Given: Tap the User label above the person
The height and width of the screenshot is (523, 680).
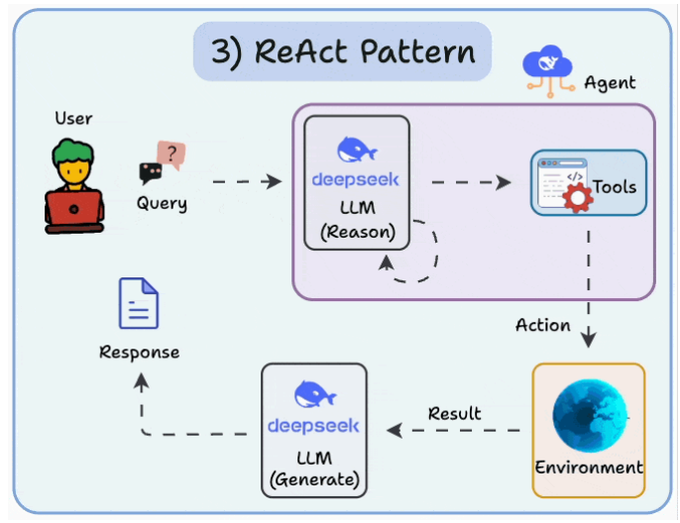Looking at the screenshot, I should (x=73, y=119).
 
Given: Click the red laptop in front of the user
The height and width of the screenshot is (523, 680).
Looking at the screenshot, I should (x=74, y=210).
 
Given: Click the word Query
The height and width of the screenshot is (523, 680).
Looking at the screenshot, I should (x=162, y=204).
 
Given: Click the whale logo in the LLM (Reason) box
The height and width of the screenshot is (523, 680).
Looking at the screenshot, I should (x=357, y=150).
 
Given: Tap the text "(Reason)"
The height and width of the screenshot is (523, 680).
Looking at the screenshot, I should (x=357, y=232).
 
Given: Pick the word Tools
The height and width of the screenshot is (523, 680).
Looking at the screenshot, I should (x=615, y=186).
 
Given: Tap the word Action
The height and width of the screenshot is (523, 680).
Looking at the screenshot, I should (x=543, y=325).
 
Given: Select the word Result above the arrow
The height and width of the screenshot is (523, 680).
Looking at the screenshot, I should (x=455, y=412).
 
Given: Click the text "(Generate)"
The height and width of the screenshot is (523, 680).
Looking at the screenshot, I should (x=313, y=481).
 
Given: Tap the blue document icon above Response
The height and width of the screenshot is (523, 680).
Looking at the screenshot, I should (x=139, y=303).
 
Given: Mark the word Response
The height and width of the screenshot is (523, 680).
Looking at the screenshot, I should (x=140, y=352).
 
